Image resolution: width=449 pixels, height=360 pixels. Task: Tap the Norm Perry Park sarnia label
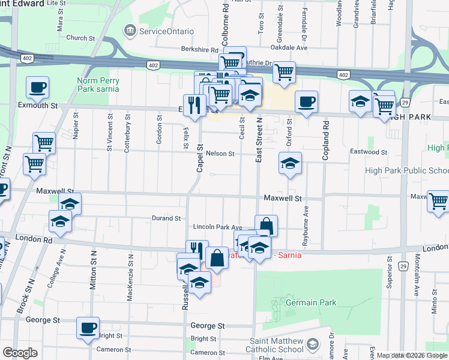[x=98, y=85]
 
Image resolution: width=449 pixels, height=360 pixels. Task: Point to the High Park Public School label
[x=415, y=171]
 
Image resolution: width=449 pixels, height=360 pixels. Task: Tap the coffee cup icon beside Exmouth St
[x=37, y=88]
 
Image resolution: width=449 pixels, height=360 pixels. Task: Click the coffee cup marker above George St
[x=88, y=328]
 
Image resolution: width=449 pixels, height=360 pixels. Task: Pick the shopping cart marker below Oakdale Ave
[x=284, y=73]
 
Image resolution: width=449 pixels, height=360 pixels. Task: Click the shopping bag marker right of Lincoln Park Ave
[x=266, y=226]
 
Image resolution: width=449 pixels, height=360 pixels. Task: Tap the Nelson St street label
[x=220, y=154]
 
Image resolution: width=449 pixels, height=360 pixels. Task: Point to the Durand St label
[x=166, y=218]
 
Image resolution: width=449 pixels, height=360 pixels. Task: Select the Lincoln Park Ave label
[x=217, y=227]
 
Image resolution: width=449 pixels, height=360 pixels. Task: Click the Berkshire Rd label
[x=197, y=50]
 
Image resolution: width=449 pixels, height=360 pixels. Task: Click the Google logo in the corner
[x=20, y=353]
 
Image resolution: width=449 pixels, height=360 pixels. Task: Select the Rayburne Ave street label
[x=306, y=220]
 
